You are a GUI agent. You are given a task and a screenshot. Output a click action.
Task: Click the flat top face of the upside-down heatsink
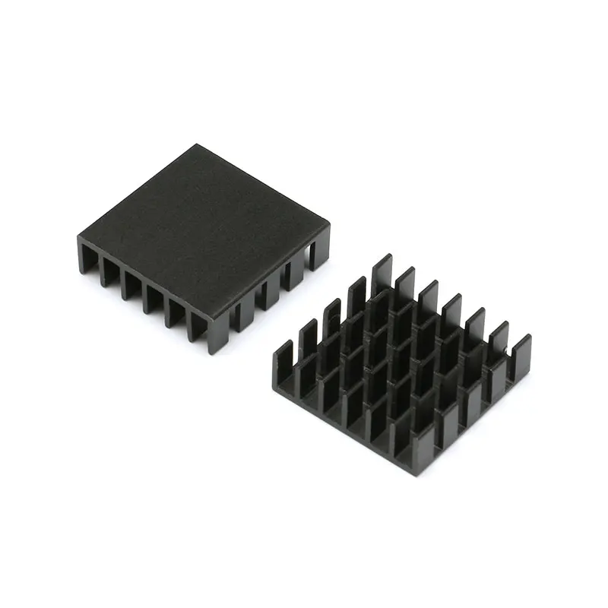pos(201,228)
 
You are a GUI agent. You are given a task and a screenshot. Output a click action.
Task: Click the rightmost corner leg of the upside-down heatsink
pos(320,247)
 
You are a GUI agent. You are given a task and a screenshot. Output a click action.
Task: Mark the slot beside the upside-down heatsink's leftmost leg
pos(99,266)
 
